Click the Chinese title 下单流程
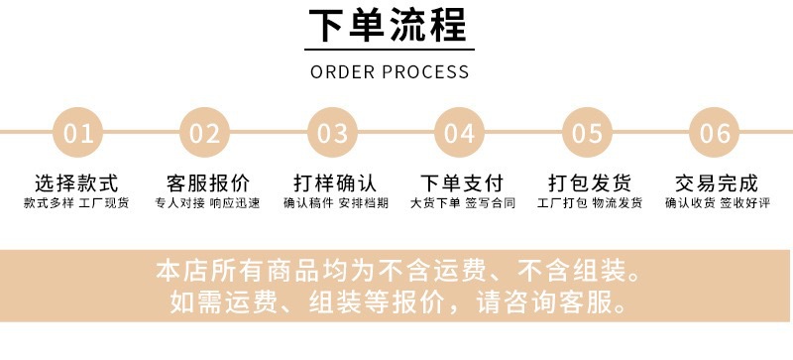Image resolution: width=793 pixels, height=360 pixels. (x=390, y=27)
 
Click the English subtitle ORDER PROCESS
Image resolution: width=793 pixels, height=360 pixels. (x=390, y=72)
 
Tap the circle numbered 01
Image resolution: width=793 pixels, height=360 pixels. (x=77, y=133)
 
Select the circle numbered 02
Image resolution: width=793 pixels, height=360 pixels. (x=205, y=133)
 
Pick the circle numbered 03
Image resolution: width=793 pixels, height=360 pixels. (x=333, y=133)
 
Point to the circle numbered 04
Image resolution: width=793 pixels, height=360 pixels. (x=460, y=133)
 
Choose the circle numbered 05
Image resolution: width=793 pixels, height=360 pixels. (x=588, y=133)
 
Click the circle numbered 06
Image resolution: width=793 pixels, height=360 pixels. (x=715, y=133)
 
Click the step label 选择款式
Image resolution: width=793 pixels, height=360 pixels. (x=77, y=183)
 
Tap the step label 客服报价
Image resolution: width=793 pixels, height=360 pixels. (x=207, y=183)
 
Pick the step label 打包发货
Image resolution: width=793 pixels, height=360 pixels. (x=589, y=183)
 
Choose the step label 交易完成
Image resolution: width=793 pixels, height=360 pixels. (x=716, y=183)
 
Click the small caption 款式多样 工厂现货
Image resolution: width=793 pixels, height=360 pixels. (x=77, y=204)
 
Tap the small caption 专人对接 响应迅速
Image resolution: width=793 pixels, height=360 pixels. (x=207, y=204)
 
